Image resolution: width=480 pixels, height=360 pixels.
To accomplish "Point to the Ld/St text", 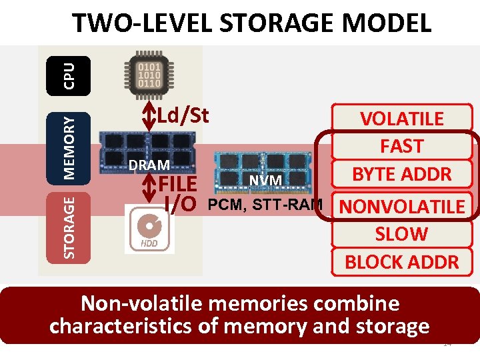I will pyautogui.click(x=183, y=115).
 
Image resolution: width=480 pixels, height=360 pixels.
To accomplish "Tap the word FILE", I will pyautogui.click(x=177, y=184).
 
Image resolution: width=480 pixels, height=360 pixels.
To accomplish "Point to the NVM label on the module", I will pyautogui.click(x=266, y=180).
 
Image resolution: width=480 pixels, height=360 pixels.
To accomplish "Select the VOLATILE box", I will pyautogui.click(x=401, y=119).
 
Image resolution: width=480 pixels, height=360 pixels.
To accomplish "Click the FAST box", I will pyautogui.click(x=401, y=146).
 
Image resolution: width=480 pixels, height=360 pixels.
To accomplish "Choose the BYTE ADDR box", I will pyautogui.click(x=401, y=175).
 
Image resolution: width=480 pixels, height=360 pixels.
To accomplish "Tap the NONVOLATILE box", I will pyautogui.click(x=401, y=207).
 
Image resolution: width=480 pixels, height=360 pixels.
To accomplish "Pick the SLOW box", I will pyautogui.click(x=401, y=234).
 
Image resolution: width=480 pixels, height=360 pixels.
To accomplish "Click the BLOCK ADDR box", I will pyautogui.click(x=401, y=262).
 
